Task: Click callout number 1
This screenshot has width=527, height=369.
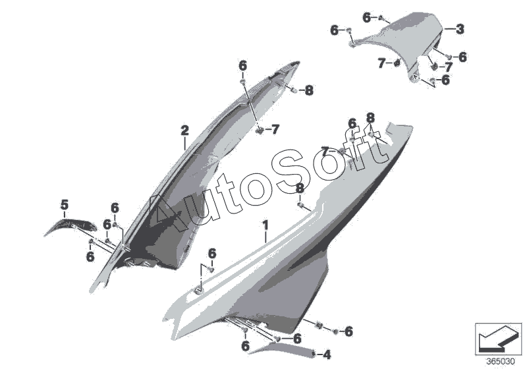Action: pyautogui.click(x=265, y=227)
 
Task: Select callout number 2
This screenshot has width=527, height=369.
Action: pyautogui.click(x=185, y=131)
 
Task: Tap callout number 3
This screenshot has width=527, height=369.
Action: pyautogui.click(x=460, y=28)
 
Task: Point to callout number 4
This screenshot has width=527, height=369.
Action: pyautogui.click(x=327, y=355)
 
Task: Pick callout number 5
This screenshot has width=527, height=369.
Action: pyautogui.click(x=64, y=206)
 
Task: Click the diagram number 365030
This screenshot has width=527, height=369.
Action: pyautogui.click(x=501, y=361)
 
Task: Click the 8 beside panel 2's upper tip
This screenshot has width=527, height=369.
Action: pyautogui.click(x=310, y=90)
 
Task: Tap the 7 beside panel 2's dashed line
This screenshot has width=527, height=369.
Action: pyautogui.click(x=275, y=129)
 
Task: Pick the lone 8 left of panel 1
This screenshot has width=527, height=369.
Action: pyautogui.click(x=300, y=188)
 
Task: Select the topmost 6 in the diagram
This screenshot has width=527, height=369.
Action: pyautogui.click(x=366, y=18)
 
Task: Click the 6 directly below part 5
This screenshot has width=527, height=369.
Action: pyautogui.click(x=90, y=257)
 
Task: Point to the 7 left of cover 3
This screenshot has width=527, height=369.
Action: pyautogui.click(x=381, y=63)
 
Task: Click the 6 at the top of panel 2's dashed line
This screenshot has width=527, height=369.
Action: pyautogui.click(x=242, y=65)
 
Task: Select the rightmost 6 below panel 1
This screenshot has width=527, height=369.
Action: pyautogui.click(x=348, y=331)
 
